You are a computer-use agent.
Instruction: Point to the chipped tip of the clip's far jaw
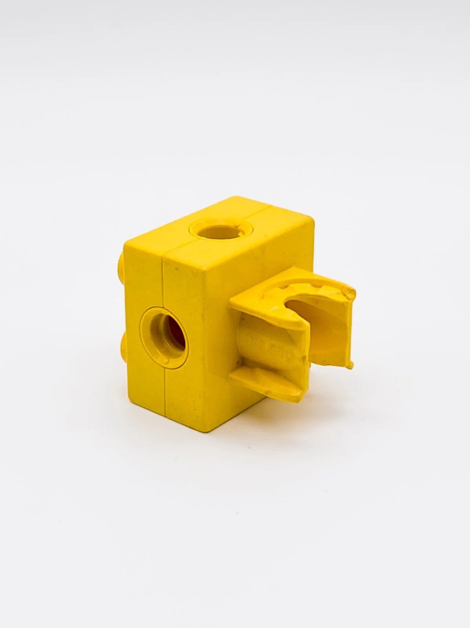tap(349, 293)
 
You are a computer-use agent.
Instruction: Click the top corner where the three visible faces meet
tap(205, 268)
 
